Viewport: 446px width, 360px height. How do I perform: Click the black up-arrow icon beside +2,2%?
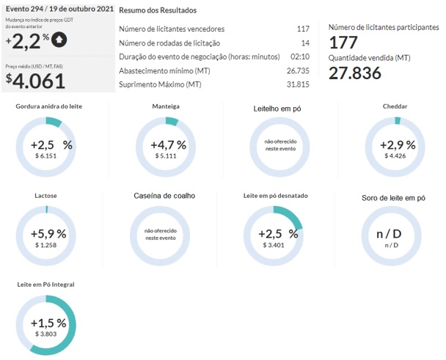point(59,39)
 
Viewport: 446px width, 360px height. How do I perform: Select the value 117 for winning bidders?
point(302,29)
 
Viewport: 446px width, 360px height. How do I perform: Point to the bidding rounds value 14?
point(305,43)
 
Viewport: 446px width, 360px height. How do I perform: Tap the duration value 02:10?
point(299,56)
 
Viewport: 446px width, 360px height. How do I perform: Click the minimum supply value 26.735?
point(297,70)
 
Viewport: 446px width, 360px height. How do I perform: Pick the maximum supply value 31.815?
point(297,84)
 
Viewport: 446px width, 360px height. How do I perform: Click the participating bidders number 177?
point(343,42)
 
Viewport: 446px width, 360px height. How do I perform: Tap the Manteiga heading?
point(165,106)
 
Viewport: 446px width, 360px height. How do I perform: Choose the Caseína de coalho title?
point(164,196)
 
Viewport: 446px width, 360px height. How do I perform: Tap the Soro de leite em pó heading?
point(393,197)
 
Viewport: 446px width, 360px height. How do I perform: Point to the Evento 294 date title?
point(59,10)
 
